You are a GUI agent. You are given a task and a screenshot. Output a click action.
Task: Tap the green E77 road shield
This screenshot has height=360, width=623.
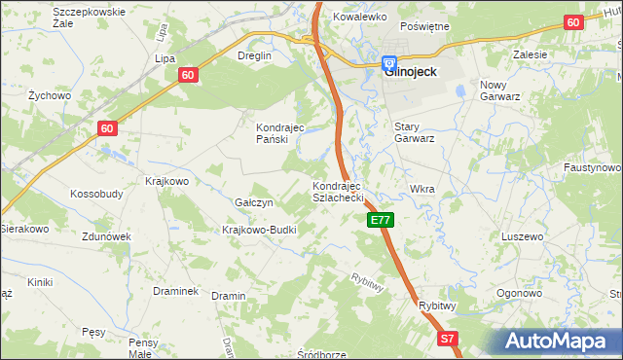click(381, 221)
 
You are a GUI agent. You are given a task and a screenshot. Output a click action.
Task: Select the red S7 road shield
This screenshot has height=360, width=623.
click(447, 339)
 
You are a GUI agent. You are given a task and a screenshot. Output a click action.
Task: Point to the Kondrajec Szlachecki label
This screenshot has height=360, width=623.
click(338, 191)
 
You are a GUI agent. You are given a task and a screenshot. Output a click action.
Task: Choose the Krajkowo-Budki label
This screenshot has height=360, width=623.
click(259, 230)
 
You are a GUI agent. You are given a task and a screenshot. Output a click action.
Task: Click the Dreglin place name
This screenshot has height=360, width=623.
click(255, 55)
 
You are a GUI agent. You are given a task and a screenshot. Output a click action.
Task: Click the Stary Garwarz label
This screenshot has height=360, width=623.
click(414, 132)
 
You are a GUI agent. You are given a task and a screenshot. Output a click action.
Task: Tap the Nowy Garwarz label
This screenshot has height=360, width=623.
click(502, 90)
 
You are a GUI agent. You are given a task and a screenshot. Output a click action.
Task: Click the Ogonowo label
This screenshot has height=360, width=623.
click(519, 293)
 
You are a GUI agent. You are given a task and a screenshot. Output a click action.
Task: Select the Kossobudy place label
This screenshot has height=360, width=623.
click(96, 194)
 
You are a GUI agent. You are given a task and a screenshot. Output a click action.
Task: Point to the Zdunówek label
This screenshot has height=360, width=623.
click(107, 236)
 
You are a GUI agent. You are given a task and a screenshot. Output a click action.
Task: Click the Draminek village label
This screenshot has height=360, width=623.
click(176, 291)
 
